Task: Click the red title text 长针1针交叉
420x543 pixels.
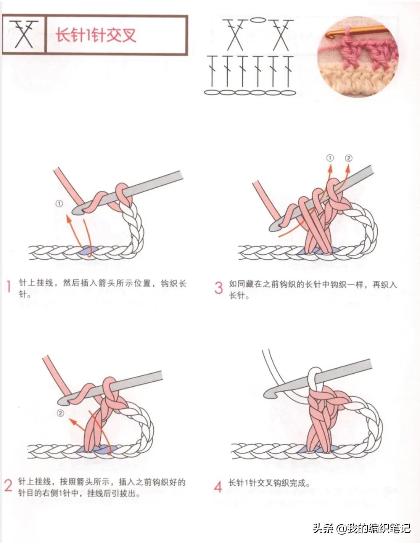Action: coord(95,35)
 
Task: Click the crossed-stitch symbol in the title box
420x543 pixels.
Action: coord(24,34)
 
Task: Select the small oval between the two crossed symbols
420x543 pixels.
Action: coord(258,19)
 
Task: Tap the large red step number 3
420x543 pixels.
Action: coord(219,288)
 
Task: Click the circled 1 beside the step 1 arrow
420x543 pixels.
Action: coord(59,204)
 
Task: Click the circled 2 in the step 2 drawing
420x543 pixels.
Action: coord(61,413)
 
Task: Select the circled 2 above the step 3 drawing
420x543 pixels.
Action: coord(349,158)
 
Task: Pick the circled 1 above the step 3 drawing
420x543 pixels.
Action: coord(330,158)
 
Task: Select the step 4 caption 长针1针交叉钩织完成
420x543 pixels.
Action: coord(269,483)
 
